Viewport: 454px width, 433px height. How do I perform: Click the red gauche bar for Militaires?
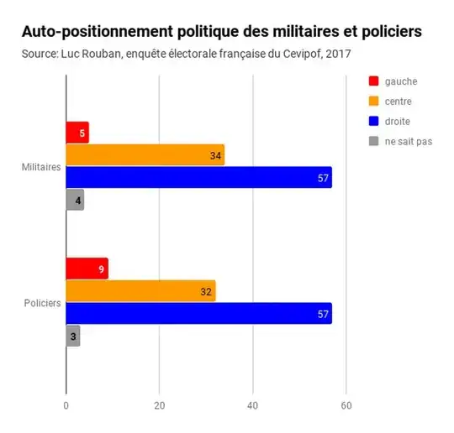coord(77,133)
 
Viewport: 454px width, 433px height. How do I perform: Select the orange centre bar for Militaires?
coord(145,155)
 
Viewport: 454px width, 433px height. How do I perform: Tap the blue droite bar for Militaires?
coord(198,177)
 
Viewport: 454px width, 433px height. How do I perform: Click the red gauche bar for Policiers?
coord(87,269)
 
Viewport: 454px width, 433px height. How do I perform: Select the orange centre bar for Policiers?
coord(140,290)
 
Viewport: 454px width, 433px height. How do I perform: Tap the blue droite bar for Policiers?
coord(198,313)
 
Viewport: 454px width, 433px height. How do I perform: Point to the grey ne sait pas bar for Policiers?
coord(73,336)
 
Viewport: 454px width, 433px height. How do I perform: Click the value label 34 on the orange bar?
coord(216,155)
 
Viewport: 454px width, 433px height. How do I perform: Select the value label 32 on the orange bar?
coord(207,291)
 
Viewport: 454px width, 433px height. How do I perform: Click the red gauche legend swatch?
coord(374,81)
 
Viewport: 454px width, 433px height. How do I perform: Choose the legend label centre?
coord(400,102)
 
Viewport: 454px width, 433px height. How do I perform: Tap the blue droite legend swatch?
coord(374,122)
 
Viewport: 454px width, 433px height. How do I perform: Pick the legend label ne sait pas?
coord(409,142)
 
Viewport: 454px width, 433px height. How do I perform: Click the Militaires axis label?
coord(41,167)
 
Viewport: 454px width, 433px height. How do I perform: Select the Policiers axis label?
coord(42,302)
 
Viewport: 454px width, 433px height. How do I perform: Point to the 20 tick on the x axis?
coord(159,405)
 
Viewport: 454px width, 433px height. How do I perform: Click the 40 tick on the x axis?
coord(252,405)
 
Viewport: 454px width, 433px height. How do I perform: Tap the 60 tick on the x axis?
coord(346,405)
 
